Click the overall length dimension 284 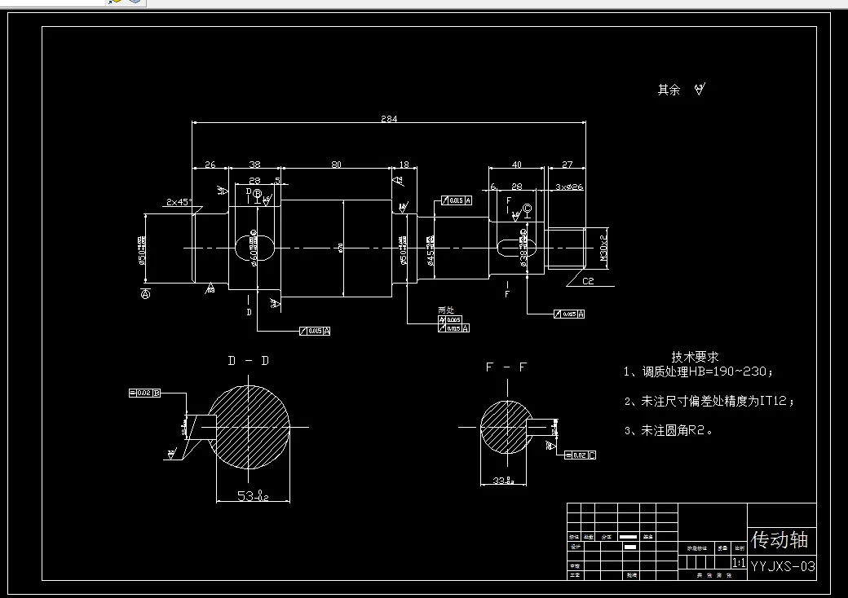[389, 119]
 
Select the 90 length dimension [336, 165]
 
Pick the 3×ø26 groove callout [570, 187]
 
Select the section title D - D [248, 361]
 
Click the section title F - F [506, 367]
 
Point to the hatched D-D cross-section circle [250, 426]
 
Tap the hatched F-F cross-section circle [506, 427]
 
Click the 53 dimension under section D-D [252, 495]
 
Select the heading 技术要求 [695, 357]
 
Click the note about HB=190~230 [698, 372]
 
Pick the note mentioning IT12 [709, 401]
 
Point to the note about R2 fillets [669, 430]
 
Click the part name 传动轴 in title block [780, 539]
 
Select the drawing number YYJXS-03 [783, 565]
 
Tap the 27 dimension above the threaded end [568, 165]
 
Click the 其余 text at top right [669, 90]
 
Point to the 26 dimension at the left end [210, 165]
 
